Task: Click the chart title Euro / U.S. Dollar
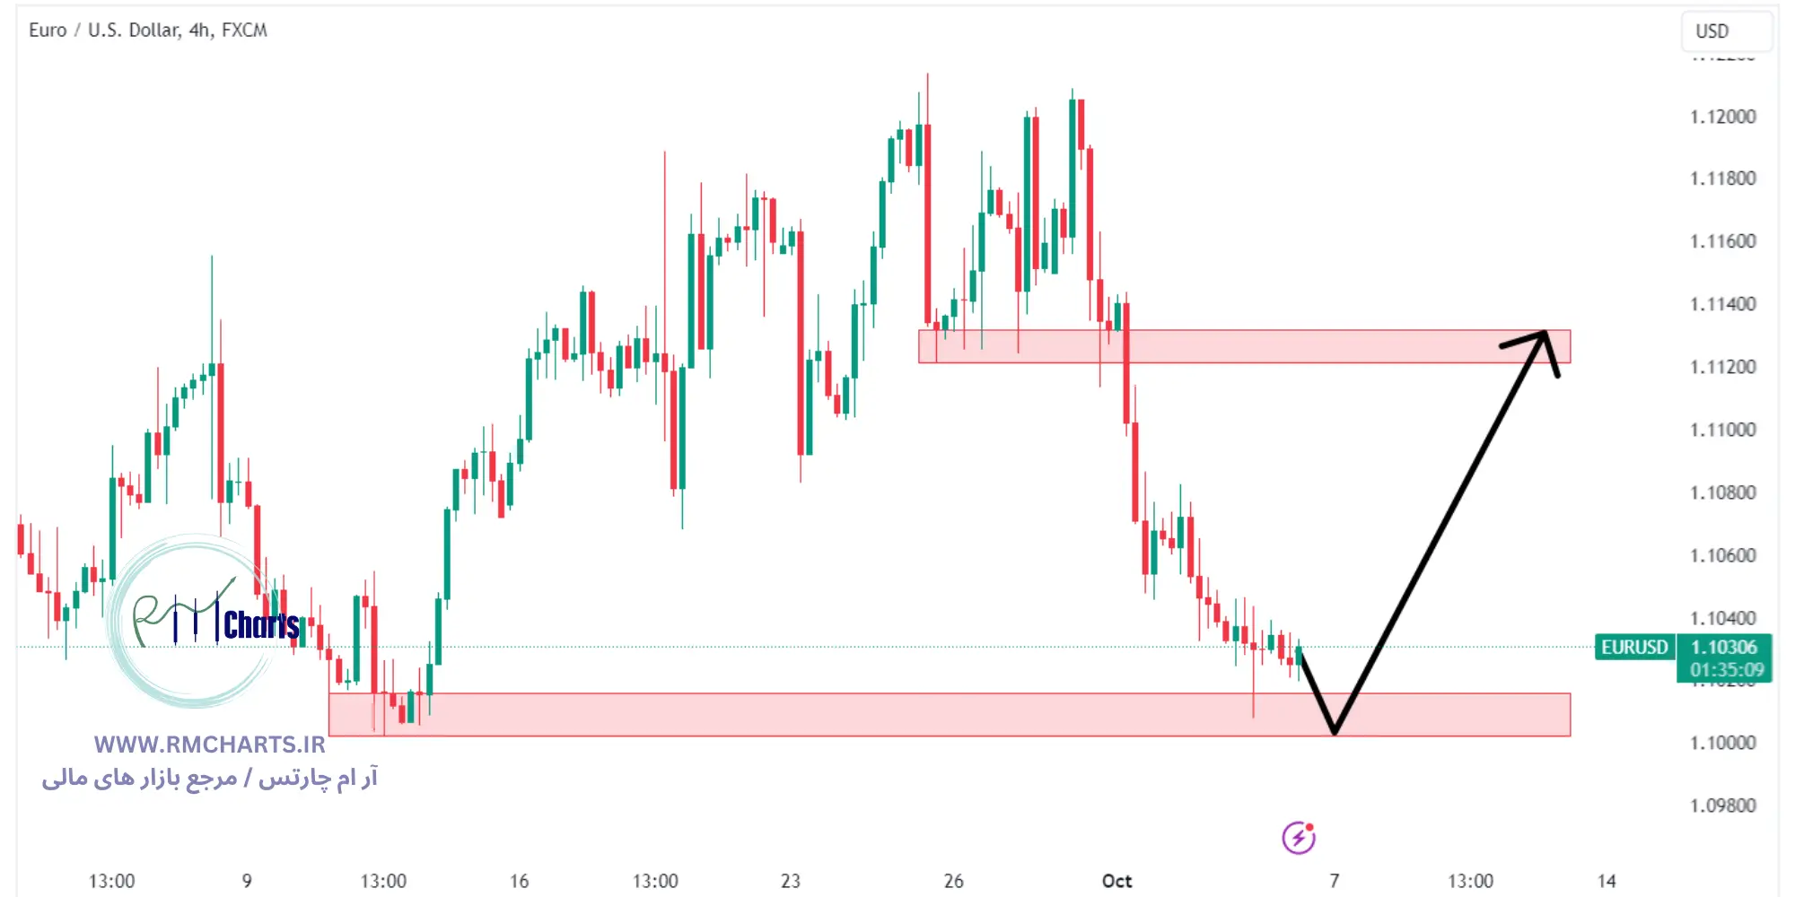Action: tap(104, 30)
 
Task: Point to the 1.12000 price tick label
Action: tap(1722, 117)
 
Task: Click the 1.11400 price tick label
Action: tap(1722, 304)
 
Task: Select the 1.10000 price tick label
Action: tap(1722, 743)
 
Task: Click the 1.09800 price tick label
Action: tap(1722, 806)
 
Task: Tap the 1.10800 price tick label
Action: tap(1722, 492)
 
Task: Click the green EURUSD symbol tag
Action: tap(1634, 647)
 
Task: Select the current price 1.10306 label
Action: tap(1723, 647)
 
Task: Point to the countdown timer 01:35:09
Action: tap(1726, 669)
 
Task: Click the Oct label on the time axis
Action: tap(1116, 881)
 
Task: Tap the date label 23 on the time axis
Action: tap(790, 881)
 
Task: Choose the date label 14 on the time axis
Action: tap(1606, 881)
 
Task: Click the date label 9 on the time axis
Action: tap(247, 881)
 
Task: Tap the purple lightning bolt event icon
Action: tap(1298, 838)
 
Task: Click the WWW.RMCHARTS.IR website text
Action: tap(209, 745)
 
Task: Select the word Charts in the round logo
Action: tap(260, 625)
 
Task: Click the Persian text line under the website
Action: tap(209, 777)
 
